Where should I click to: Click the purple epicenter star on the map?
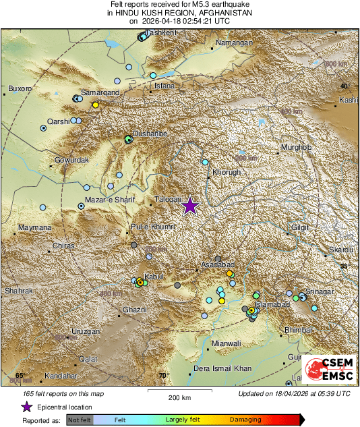pos(190,206)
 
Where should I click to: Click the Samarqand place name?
pos(100,92)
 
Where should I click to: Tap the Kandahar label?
pos(61,376)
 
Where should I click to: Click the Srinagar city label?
pos(320,291)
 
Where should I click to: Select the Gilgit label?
pos(301,227)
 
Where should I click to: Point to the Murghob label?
pos(295,147)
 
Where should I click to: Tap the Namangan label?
pos(233,43)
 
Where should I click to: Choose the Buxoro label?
pos(20,88)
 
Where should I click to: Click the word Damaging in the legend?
pos(245,419)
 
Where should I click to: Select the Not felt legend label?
pos(80,419)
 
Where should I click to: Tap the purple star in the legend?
pos(26,407)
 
